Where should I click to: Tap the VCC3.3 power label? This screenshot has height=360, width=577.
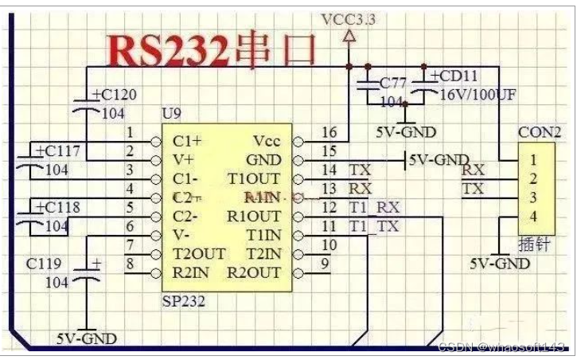tap(347, 18)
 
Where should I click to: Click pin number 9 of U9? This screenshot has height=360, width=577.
tap(325, 264)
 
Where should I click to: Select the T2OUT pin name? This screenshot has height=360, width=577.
tap(199, 255)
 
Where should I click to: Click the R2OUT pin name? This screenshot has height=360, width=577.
tap(255, 273)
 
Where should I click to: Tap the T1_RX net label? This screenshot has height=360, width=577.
tap(374, 208)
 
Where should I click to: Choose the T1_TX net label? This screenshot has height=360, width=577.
tap(374, 227)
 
